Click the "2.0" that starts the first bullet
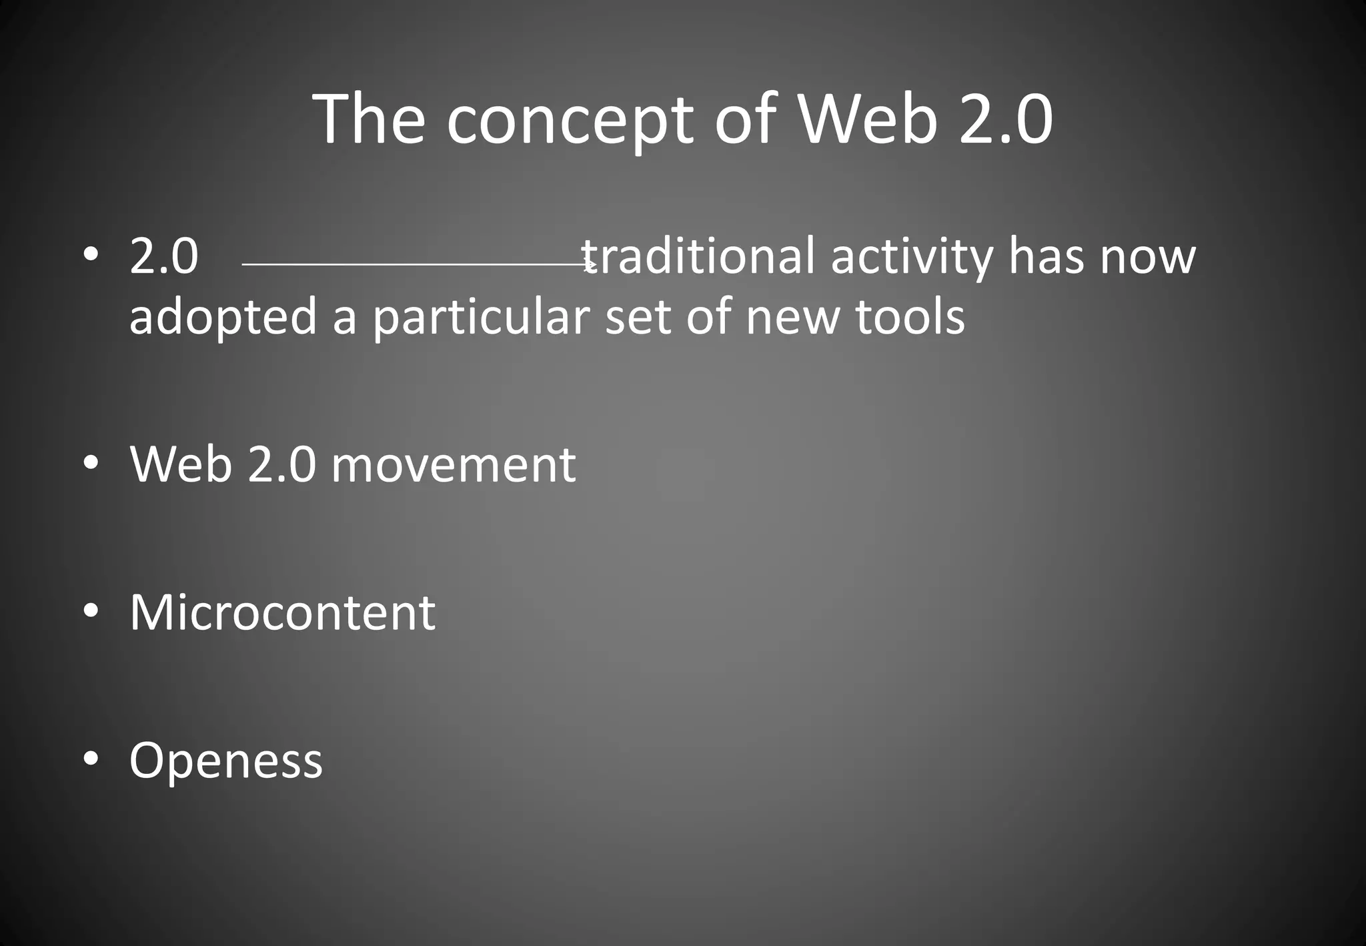[164, 256]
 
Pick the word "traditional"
[698, 256]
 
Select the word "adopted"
[223, 318]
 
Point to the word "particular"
[480, 318]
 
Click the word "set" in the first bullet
[637, 316]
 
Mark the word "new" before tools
[792, 318]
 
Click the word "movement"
[453, 464]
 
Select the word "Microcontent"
[282, 612]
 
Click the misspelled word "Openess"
[225, 761]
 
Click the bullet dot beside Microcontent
[91, 610]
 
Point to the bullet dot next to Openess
[91, 759]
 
